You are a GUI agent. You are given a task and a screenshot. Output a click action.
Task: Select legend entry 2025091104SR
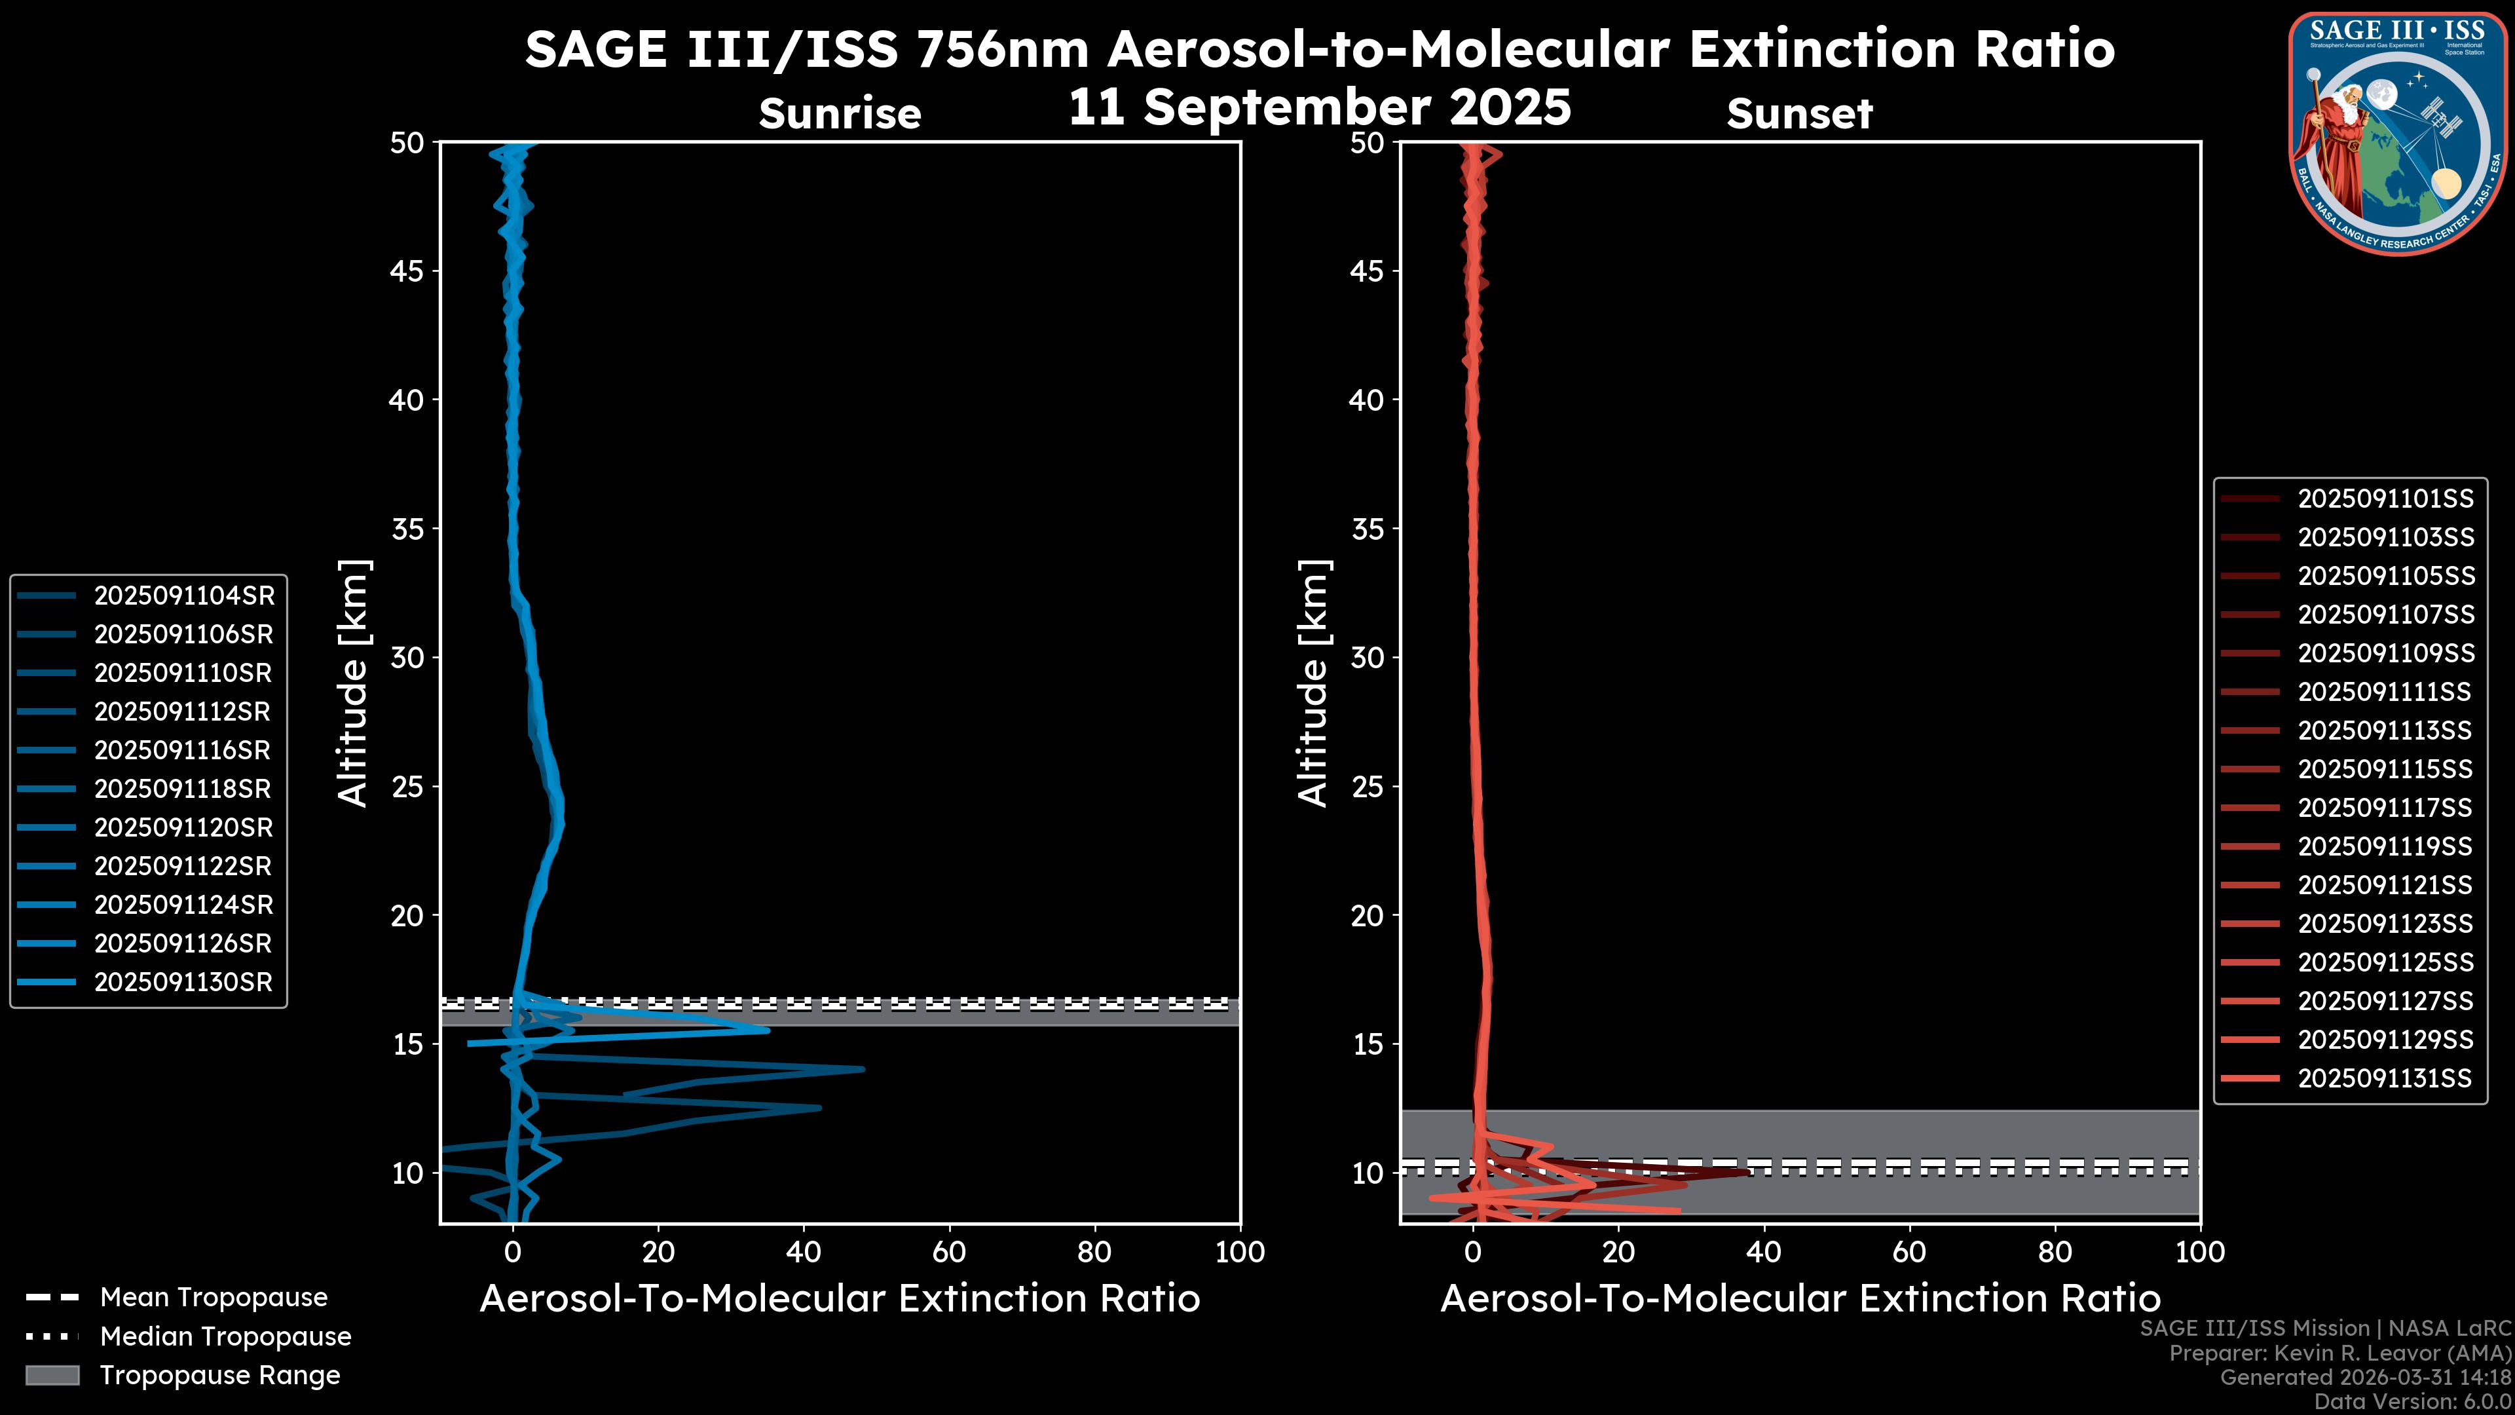click(183, 595)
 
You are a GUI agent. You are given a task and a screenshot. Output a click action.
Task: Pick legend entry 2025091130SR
click(183, 983)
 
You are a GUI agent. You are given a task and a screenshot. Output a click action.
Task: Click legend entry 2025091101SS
click(2385, 499)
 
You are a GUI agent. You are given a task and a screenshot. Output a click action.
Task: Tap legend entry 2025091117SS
click(2385, 808)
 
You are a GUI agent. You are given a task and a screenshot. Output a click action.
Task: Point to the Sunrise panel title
click(840, 114)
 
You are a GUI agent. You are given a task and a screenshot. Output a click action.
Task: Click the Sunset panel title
click(1799, 114)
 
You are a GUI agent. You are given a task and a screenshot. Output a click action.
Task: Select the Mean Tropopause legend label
click(214, 1298)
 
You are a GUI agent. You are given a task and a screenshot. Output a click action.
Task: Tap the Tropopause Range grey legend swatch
click(52, 1375)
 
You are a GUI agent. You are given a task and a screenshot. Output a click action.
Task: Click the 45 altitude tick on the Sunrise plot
click(406, 271)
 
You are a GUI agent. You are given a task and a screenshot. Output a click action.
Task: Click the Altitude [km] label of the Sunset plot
click(1314, 683)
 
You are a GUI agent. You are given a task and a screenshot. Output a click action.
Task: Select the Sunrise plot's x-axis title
click(840, 1299)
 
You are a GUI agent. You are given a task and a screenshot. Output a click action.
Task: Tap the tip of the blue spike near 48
click(862, 1069)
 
